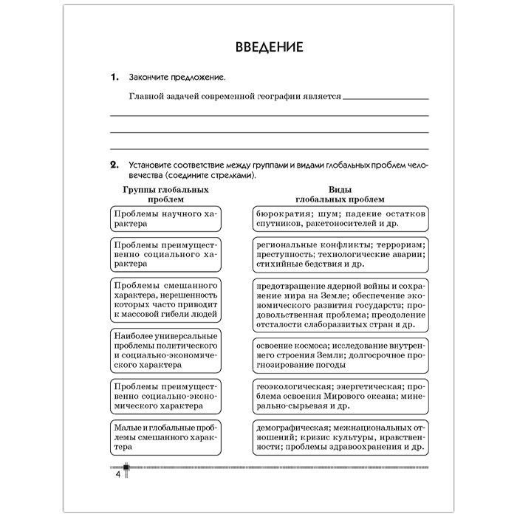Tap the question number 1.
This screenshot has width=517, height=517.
click(114, 77)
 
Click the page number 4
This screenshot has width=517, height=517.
click(117, 474)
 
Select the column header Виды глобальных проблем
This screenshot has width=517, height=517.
click(340, 194)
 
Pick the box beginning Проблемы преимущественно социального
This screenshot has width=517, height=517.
click(164, 254)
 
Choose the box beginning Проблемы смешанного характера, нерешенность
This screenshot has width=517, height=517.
click(164, 300)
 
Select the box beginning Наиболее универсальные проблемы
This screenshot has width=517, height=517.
click(164, 350)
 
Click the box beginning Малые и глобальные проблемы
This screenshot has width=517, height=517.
click(164, 437)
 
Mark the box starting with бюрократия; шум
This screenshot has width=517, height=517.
click(340, 218)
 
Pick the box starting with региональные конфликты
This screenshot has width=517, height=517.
click(340, 254)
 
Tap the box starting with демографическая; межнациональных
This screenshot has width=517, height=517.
click(340, 437)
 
